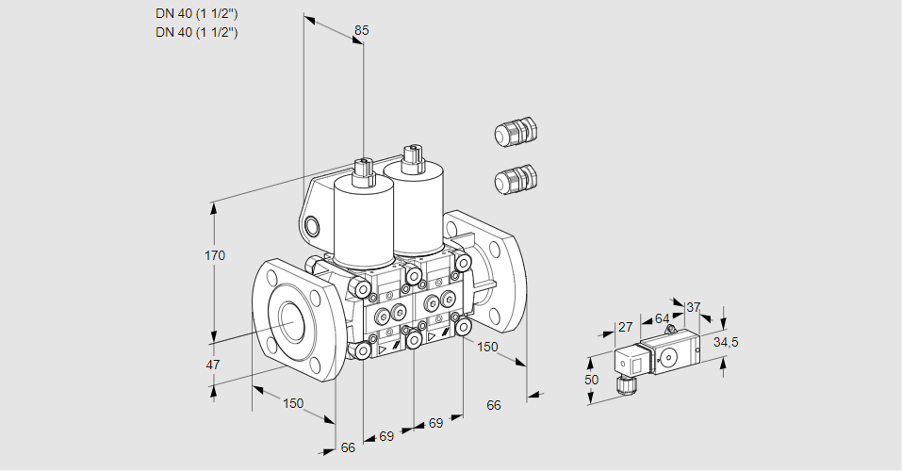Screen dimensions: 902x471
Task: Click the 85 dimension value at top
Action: [x=361, y=30]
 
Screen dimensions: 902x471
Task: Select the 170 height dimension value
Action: [x=215, y=255]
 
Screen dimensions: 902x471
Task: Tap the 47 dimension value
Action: [x=213, y=365]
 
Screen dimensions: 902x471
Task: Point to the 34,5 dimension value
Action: [x=726, y=343]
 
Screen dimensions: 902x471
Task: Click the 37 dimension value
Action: [x=693, y=308]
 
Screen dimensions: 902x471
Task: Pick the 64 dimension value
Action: [x=662, y=318]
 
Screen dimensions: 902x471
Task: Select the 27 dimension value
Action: [x=625, y=327]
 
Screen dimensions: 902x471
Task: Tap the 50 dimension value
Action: [x=591, y=380]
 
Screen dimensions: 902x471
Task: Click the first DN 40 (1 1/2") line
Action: [x=196, y=14]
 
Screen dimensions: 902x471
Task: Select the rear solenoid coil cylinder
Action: [x=413, y=207]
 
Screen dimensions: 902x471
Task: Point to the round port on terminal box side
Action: [x=312, y=226]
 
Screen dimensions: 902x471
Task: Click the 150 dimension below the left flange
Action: [x=293, y=403]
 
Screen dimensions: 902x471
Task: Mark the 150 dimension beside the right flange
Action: [x=487, y=347]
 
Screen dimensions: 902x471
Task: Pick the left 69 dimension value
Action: [x=386, y=436]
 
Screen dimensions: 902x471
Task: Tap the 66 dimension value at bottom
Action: [x=348, y=447]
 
